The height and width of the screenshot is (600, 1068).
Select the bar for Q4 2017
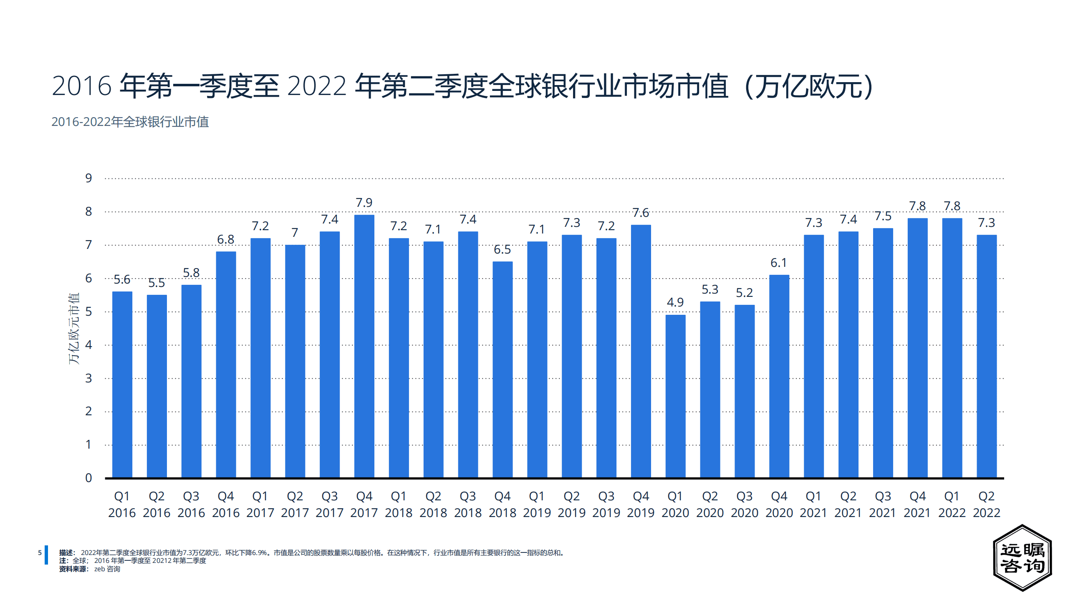pyautogui.click(x=364, y=346)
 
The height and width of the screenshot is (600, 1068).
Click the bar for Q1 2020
pyautogui.click(x=675, y=396)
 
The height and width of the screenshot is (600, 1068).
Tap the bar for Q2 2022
pyautogui.click(x=987, y=356)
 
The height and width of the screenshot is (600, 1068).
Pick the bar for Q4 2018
pyautogui.click(x=502, y=369)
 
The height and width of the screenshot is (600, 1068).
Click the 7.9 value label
pyautogui.click(x=364, y=203)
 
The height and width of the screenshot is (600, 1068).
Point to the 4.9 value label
pyautogui.click(x=675, y=302)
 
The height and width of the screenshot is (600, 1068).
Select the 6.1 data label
pyautogui.click(x=779, y=263)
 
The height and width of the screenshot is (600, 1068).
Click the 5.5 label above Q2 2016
pyautogui.click(x=157, y=283)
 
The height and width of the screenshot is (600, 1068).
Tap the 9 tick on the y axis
pyautogui.click(x=88, y=178)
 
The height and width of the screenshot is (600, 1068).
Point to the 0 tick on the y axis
pyautogui.click(x=88, y=478)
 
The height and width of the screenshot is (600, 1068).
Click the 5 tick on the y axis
pyautogui.click(x=88, y=312)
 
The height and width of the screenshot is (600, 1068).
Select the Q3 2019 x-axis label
pyautogui.click(x=606, y=504)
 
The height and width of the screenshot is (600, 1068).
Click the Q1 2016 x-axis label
pyautogui.click(x=122, y=504)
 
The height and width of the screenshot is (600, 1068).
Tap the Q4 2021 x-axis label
pyautogui.click(x=917, y=504)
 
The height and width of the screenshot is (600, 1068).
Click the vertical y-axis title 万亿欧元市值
pyautogui.click(x=74, y=329)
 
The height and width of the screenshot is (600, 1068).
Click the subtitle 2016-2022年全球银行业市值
pyautogui.click(x=130, y=122)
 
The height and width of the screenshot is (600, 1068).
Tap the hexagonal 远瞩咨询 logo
pyautogui.click(x=1022, y=558)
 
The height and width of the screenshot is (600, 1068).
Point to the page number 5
pyautogui.click(x=40, y=552)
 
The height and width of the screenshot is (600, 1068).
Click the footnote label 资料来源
pyautogui.click(x=73, y=569)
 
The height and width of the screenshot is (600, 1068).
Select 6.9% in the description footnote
pyautogui.click(x=259, y=553)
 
